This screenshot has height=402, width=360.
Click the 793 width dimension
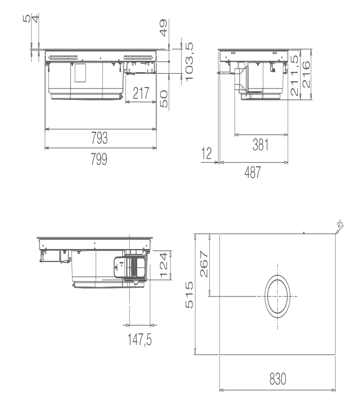[99, 138]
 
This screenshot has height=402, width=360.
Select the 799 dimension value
[99, 159]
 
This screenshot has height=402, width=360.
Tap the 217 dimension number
[141, 93]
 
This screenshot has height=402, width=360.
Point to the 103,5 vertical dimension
[189, 62]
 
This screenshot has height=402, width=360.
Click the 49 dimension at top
[163, 28]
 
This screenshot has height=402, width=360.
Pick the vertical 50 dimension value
[164, 99]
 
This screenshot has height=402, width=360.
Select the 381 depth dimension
[261, 145]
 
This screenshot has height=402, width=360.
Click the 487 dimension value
[253, 172]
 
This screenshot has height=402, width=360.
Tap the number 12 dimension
[207, 153]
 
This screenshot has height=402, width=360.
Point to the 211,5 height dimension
[295, 75]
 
